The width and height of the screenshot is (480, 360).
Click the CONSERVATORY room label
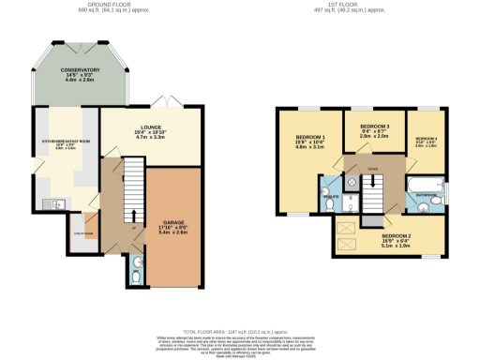tap(81, 70)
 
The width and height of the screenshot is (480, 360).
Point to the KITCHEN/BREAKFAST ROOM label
tap(57, 142)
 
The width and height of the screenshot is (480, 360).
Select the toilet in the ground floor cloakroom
tap(138, 277)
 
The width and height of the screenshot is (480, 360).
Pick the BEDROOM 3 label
tap(375, 126)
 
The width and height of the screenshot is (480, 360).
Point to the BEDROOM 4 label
tap(427, 139)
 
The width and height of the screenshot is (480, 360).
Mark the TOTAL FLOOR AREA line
tap(240, 331)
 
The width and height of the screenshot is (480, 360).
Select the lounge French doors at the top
tap(164, 103)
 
